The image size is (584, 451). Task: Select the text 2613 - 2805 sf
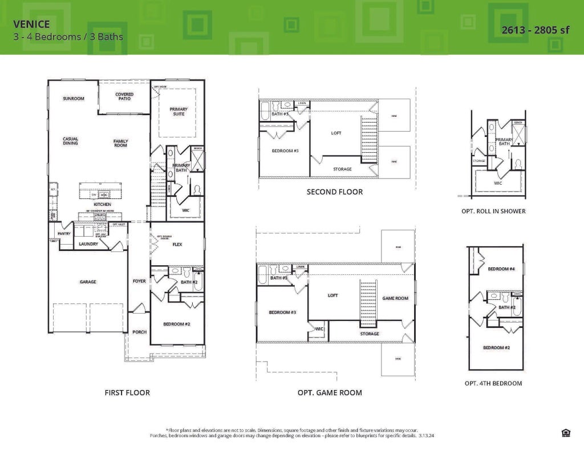535,30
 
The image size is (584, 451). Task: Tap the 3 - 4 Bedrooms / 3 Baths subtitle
68,37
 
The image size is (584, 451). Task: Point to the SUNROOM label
73,99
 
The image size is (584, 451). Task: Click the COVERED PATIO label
124,97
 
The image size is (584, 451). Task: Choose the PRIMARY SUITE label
178,111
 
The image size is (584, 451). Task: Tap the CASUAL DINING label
70,141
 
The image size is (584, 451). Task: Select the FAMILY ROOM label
120,143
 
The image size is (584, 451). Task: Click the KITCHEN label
103,204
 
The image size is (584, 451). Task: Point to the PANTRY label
63,233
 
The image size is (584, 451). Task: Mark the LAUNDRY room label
88,244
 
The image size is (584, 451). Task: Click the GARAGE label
87,282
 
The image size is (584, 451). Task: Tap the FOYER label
139,281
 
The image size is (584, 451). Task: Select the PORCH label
139,332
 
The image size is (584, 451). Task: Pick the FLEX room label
177,244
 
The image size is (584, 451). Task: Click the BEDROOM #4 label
501,269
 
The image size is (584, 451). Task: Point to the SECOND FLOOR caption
334,192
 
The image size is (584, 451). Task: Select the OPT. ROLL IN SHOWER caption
493,211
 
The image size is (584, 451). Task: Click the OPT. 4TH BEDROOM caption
493,383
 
